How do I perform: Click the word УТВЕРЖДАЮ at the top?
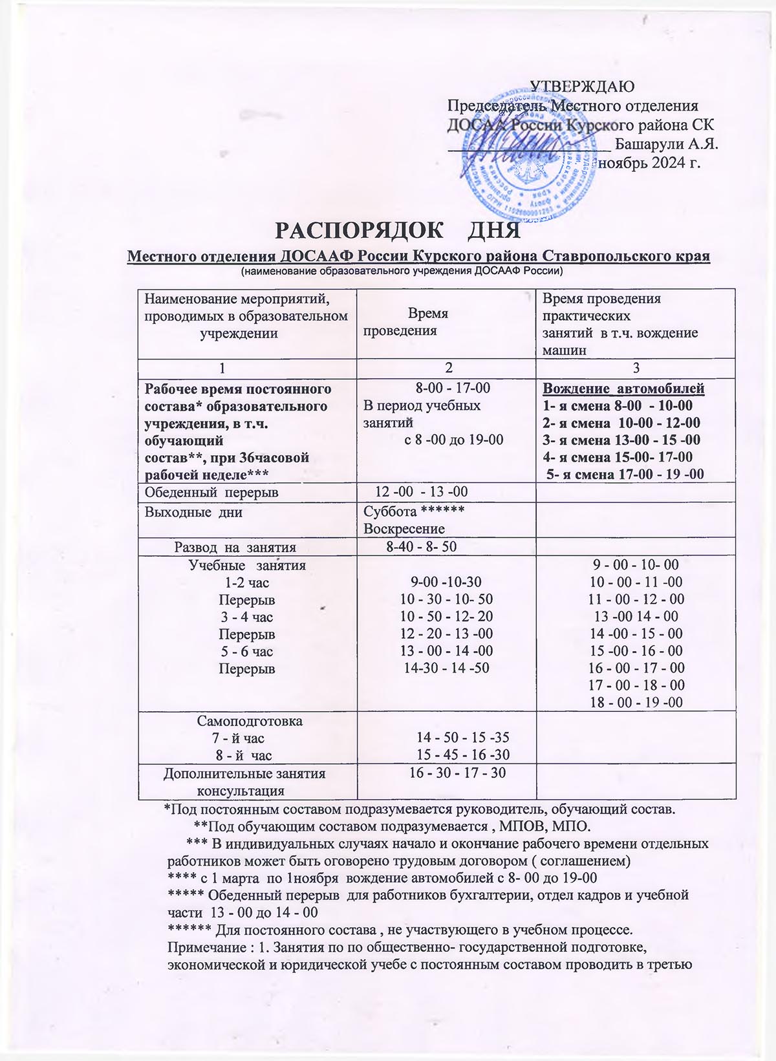[x=582, y=86]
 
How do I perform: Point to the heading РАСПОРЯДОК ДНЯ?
[x=398, y=231]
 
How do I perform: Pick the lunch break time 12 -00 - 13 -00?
[x=421, y=492]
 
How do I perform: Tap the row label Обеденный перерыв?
[x=211, y=493]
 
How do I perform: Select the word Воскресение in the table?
[x=404, y=528]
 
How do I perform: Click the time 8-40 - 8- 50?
[x=421, y=546]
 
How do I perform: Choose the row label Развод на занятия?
[x=235, y=547]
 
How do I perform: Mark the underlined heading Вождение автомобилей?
[x=623, y=389]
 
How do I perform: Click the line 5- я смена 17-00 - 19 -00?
[x=625, y=474]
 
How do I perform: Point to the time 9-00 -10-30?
[x=446, y=582]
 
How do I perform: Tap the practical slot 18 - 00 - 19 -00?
[x=636, y=702]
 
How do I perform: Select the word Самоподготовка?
[x=250, y=720]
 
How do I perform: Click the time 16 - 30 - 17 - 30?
[x=458, y=773]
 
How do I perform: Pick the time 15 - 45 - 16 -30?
[x=462, y=755]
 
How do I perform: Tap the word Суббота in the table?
[x=390, y=511]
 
